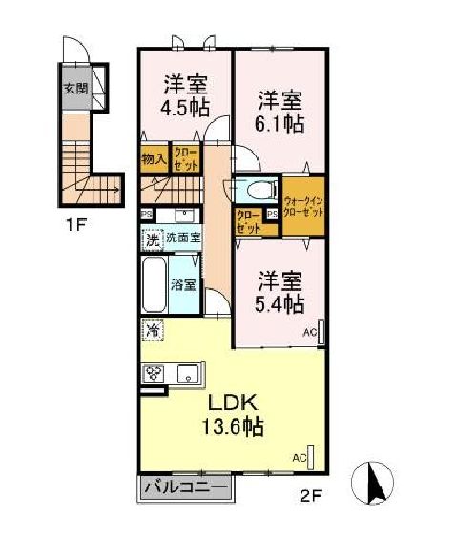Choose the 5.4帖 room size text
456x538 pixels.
pos(280,304)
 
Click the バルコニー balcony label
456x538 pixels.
pos(186,487)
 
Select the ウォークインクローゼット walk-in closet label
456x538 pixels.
pos(304,204)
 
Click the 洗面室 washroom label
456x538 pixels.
pos(182,238)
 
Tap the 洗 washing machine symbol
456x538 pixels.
pos(152,238)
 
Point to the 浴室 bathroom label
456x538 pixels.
pos(183,284)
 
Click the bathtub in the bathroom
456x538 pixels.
pos(155,283)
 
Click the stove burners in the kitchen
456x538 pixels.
pos(155,374)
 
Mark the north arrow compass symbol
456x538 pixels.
pos(376,480)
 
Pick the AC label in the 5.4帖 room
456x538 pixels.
pos(309,333)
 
